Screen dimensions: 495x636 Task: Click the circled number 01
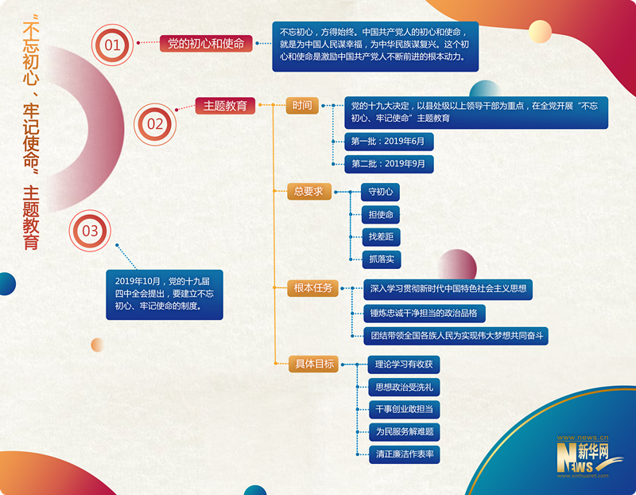click(x=113, y=45)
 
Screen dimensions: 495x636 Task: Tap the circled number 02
click(x=154, y=123)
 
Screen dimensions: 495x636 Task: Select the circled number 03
click(x=91, y=231)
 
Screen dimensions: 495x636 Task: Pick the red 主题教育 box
click(x=225, y=105)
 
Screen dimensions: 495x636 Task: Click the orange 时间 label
click(x=302, y=105)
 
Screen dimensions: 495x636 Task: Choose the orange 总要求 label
click(x=308, y=191)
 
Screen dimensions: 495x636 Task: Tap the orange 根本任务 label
click(x=313, y=288)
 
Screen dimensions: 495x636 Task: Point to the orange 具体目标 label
click(x=315, y=364)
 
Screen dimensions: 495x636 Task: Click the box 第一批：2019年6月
click(x=389, y=142)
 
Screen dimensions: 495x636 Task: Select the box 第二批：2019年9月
click(x=389, y=164)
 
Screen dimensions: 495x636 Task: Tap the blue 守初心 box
click(x=379, y=193)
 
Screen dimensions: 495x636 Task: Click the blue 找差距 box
click(x=379, y=237)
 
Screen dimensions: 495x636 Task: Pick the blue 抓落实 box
click(x=379, y=259)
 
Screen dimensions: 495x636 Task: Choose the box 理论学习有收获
click(x=405, y=365)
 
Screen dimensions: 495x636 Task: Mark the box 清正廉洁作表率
click(x=405, y=454)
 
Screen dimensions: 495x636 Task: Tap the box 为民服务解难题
click(x=405, y=432)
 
